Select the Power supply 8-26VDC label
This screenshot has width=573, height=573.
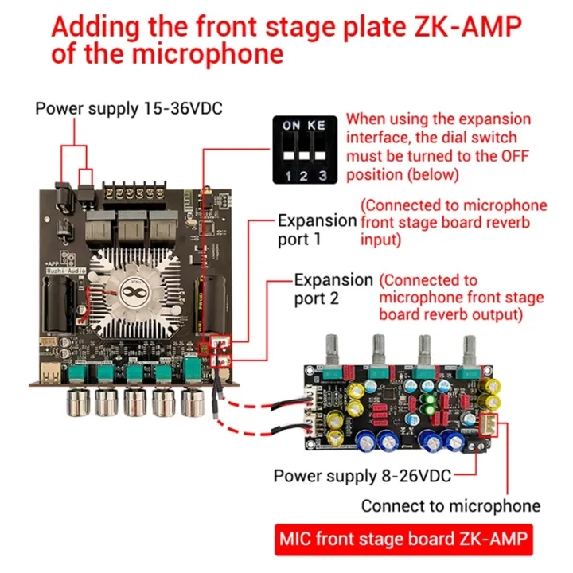click(x=362, y=476)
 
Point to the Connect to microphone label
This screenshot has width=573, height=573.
click(x=450, y=505)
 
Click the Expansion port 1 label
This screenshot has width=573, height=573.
click(x=317, y=229)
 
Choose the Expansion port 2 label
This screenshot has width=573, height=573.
click(x=333, y=289)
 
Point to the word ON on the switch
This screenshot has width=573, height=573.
click(x=291, y=126)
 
